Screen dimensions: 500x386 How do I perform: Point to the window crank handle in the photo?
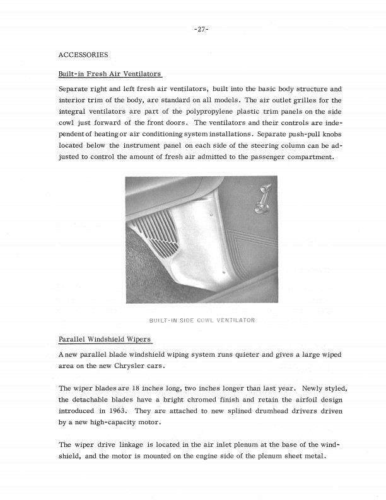click(x=261, y=198)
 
